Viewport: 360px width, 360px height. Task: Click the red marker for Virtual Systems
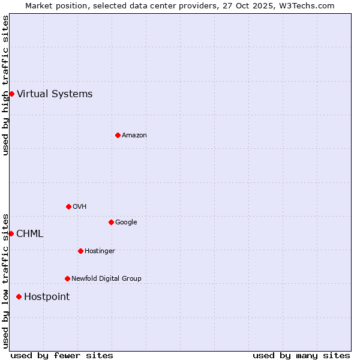point(11,94)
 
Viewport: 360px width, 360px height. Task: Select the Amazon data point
point(118,135)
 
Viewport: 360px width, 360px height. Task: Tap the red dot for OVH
point(68,206)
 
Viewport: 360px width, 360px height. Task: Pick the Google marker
point(111,222)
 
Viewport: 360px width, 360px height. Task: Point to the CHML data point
point(11,233)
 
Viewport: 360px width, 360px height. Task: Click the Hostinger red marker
point(80,251)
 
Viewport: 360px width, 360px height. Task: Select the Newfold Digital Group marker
point(67,278)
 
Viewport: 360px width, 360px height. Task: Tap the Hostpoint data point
point(19,296)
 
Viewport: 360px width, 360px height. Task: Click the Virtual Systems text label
point(55,94)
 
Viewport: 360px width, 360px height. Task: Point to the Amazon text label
point(134,135)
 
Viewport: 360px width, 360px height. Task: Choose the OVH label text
point(79,206)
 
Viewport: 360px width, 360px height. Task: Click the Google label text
point(126,222)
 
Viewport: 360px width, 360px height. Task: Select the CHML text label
point(29,233)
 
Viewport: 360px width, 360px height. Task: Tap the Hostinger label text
point(100,251)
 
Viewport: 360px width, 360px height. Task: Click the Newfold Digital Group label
point(106,278)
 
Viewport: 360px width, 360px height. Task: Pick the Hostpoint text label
point(47,296)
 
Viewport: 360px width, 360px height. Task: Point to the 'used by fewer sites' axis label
point(62,355)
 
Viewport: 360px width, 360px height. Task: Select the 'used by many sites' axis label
point(301,355)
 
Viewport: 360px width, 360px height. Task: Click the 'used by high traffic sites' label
point(5,85)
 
